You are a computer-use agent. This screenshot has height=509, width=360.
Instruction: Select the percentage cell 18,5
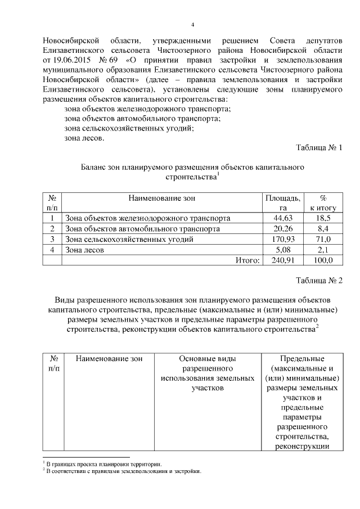tap(323, 218)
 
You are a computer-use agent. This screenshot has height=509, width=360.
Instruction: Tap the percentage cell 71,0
tap(323, 239)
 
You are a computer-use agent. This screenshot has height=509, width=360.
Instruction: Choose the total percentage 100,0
tap(323, 260)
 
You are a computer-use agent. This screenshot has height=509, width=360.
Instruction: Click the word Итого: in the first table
tap(246, 260)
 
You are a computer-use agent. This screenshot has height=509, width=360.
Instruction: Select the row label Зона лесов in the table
tap(84, 250)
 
